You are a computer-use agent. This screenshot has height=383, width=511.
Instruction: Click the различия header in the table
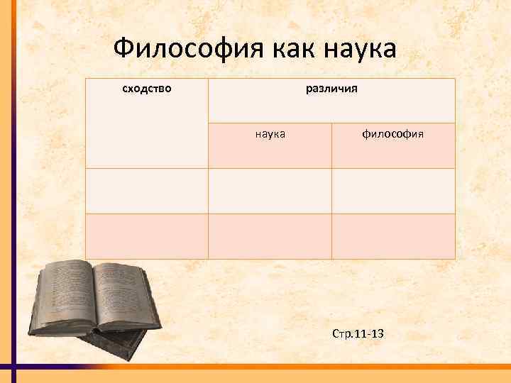pyautogui.click(x=331, y=89)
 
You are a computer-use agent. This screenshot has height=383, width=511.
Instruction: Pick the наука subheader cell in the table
pyautogui.click(x=270, y=133)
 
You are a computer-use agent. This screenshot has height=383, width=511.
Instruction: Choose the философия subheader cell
pyautogui.click(x=392, y=133)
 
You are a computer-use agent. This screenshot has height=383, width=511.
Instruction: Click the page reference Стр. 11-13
pyautogui.click(x=358, y=333)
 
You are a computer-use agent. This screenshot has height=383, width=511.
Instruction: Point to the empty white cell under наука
pyautogui.click(x=270, y=191)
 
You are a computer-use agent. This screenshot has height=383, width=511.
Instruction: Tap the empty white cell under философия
pyautogui.click(x=392, y=191)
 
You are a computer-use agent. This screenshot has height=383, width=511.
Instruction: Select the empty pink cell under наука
pyautogui.click(x=270, y=236)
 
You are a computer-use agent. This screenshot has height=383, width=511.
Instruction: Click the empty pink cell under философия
pyautogui.click(x=392, y=236)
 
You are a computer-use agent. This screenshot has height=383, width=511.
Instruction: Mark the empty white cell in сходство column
pyautogui.click(x=147, y=191)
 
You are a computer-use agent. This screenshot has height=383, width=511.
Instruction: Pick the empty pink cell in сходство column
pyautogui.click(x=147, y=236)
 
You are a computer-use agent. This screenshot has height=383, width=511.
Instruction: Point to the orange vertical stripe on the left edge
pyautogui.click(x=5, y=177)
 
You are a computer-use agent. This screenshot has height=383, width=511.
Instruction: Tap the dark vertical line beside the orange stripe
pyautogui.click(x=13, y=177)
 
